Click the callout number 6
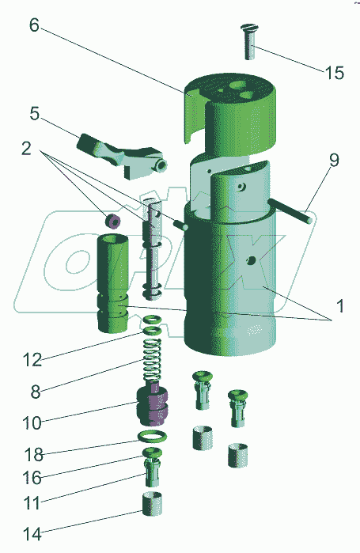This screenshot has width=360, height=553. click(34, 25)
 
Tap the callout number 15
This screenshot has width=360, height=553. click(334, 73)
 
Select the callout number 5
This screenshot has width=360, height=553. click(35, 114)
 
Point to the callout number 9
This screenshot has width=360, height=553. click(334, 160)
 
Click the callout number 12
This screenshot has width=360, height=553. click(32, 360)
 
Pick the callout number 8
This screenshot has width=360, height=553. click(36, 392)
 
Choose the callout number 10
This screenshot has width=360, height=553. click(32, 422)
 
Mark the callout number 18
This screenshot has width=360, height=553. click(34, 455)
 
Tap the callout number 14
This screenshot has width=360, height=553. click(32, 534)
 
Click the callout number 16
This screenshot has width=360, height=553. click(32, 478)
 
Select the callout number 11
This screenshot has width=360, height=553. click(32, 503)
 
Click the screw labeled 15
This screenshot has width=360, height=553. click(250, 42)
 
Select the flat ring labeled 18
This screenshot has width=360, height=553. click(152, 437)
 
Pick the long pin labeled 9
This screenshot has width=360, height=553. click(290, 210)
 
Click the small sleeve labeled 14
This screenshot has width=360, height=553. click(153, 504)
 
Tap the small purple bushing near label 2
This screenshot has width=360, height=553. click(113, 221)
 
